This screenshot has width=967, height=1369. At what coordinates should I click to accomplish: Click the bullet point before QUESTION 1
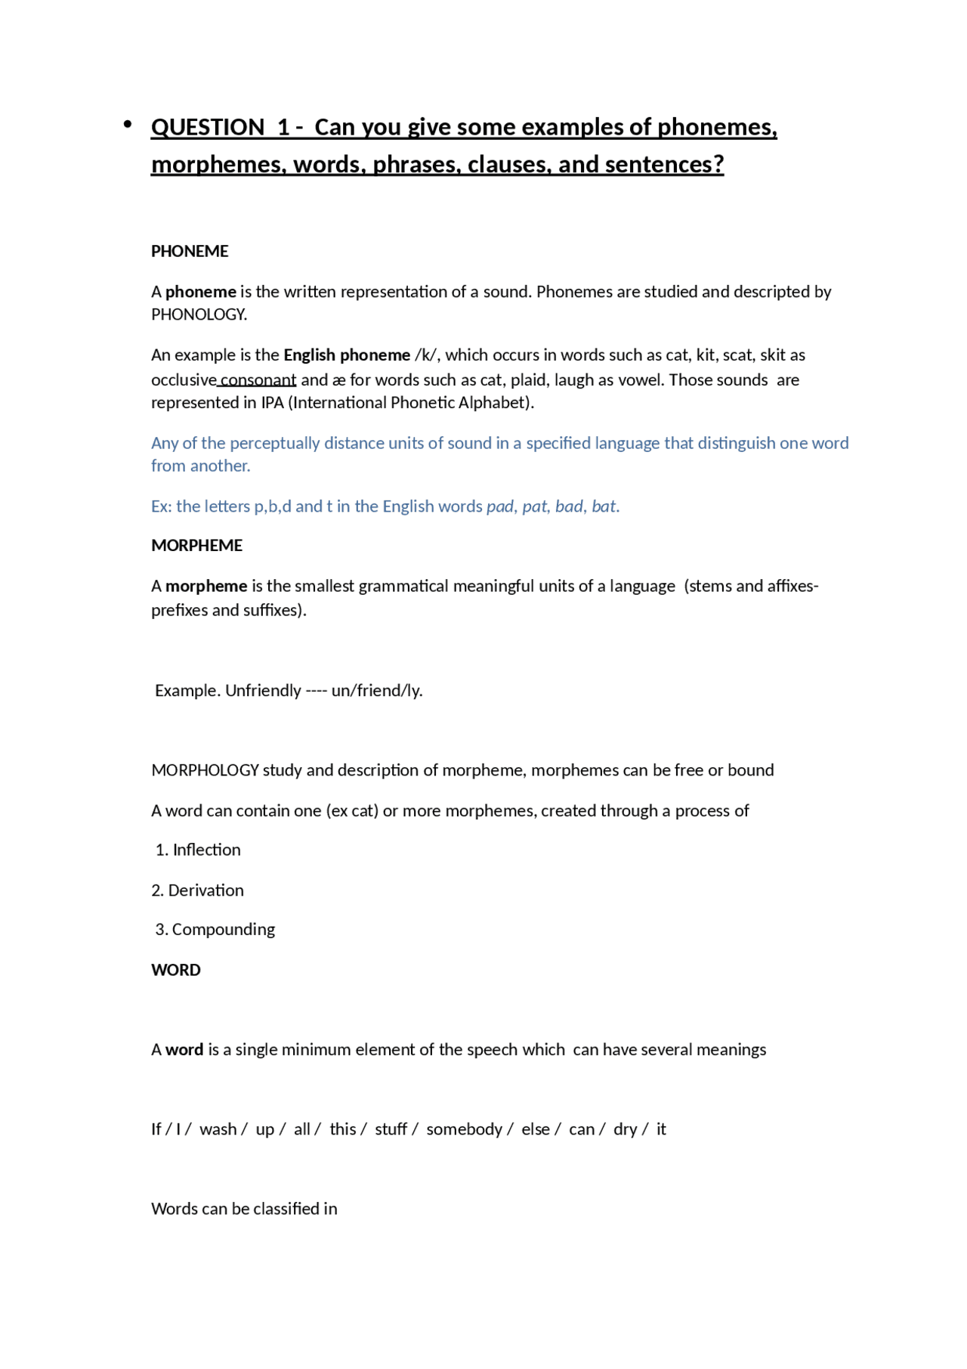point(128,124)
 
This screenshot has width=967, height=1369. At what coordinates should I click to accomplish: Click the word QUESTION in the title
point(208,127)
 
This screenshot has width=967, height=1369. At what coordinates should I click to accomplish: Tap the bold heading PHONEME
point(190,251)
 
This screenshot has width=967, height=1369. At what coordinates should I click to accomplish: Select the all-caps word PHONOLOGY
point(199,314)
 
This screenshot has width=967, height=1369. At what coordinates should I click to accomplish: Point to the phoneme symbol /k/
point(425,355)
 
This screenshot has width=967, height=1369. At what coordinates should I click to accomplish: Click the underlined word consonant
point(258,379)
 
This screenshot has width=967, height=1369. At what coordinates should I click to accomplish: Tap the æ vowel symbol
point(338,380)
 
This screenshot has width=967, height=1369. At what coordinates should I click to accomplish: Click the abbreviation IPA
point(272,402)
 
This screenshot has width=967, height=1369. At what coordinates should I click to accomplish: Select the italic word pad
point(500,506)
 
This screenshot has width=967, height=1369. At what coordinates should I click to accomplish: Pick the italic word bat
point(604,506)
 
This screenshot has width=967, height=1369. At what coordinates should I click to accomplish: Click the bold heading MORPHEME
point(196,546)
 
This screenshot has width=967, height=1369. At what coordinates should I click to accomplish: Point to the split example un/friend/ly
point(376,690)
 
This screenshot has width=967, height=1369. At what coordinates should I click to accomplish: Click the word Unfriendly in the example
point(263,690)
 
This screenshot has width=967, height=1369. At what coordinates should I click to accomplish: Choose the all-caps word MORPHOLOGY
point(205,770)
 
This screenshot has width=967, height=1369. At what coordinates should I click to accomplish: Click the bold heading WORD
point(176,970)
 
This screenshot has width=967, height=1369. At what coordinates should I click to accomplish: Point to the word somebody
point(464,1129)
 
